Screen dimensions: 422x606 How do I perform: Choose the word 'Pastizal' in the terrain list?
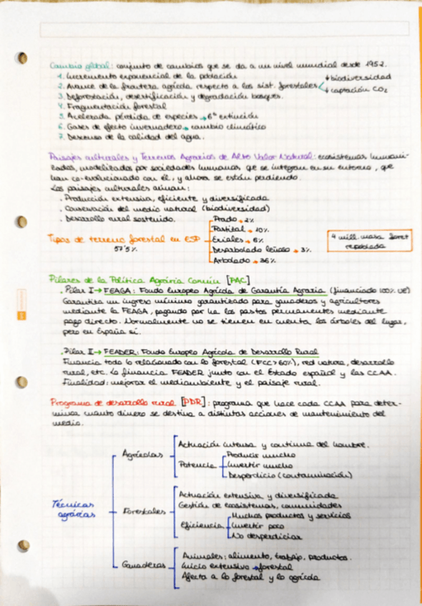click(227, 229)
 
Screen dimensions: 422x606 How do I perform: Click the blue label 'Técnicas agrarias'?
click(74, 509)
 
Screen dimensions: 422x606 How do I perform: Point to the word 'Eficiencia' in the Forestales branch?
click(202, 525)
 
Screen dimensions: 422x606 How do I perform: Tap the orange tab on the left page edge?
click(21, 301)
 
